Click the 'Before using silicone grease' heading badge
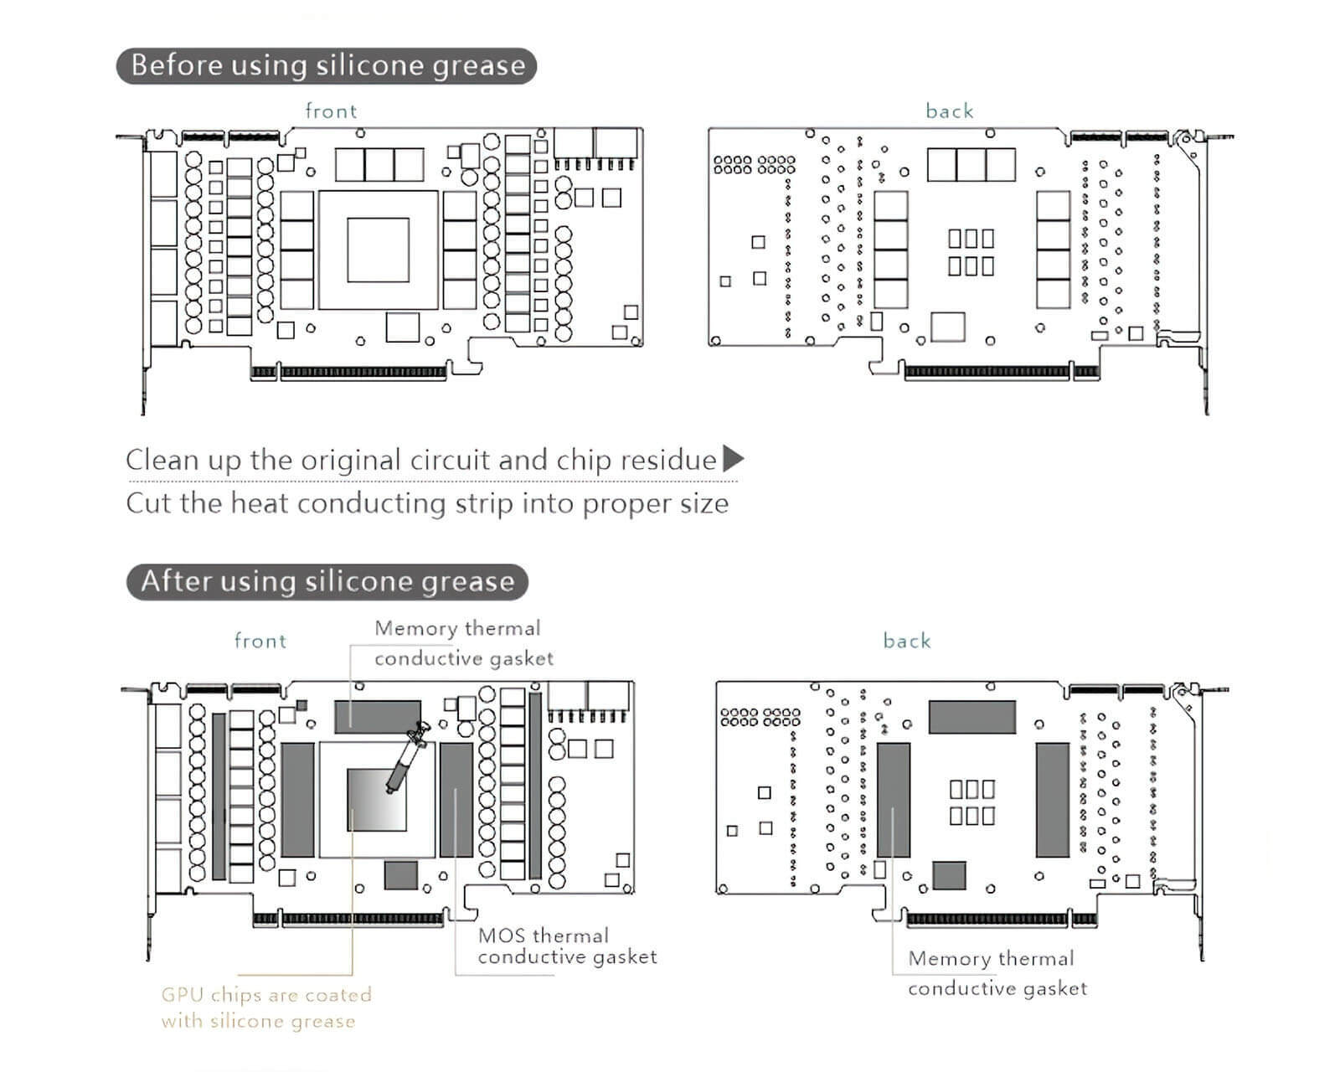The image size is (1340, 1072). coord(326,65)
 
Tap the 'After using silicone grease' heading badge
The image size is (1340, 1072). coord(327,581)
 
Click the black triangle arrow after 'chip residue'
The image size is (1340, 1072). coord(733,458)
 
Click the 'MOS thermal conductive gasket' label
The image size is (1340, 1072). coord(567,946)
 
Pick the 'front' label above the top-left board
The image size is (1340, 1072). coord(331,111)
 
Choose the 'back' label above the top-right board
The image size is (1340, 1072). coord(949,111)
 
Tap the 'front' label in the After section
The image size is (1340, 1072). coord(260,641)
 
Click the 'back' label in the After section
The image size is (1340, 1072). coord(907,641)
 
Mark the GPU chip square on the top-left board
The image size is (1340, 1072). coord(378,250)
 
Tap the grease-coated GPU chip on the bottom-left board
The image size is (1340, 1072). coord(377,800)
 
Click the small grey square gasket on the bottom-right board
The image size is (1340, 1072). coord(949,875)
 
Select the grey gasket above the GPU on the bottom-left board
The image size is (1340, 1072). coord(378,716)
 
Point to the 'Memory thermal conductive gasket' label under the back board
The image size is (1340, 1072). coord(997,973)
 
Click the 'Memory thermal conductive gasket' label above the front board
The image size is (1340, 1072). coord(463,643)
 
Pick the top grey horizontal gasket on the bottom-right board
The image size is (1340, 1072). coord(971,717)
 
